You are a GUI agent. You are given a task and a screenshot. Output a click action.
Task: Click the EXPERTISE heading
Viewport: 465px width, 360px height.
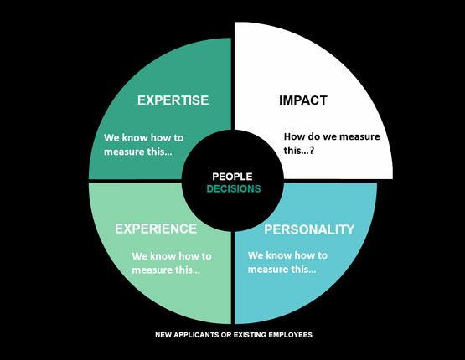pos(173,100)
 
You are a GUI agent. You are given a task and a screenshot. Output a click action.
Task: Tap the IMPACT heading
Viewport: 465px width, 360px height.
pos(303,100)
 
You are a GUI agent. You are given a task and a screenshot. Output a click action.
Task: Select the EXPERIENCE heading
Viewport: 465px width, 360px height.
pos(156,229)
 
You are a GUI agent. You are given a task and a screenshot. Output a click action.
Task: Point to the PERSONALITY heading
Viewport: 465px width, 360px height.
pos(309,229)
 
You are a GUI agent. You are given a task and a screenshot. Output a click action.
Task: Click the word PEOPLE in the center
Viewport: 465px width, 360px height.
pos(233,177)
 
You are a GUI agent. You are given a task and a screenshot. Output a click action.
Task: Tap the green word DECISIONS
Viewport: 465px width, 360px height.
pos(234,188)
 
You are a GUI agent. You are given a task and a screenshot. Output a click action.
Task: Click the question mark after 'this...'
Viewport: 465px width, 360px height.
pos(312,151)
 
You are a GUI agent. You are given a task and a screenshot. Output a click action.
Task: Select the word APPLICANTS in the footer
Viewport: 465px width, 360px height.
pos(196,335)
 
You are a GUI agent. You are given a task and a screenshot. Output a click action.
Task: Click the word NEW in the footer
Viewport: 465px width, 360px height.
pos(163,335)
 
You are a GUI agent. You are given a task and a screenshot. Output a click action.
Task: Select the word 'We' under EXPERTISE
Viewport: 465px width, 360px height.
pos(111,138)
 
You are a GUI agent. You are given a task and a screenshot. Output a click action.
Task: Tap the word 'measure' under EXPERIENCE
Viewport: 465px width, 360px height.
pos(152,270)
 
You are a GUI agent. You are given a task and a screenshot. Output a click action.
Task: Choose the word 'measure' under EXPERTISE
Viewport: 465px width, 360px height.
pos(124,152)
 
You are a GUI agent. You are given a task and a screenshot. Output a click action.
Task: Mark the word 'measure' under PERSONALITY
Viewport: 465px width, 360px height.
pos(268,270)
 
